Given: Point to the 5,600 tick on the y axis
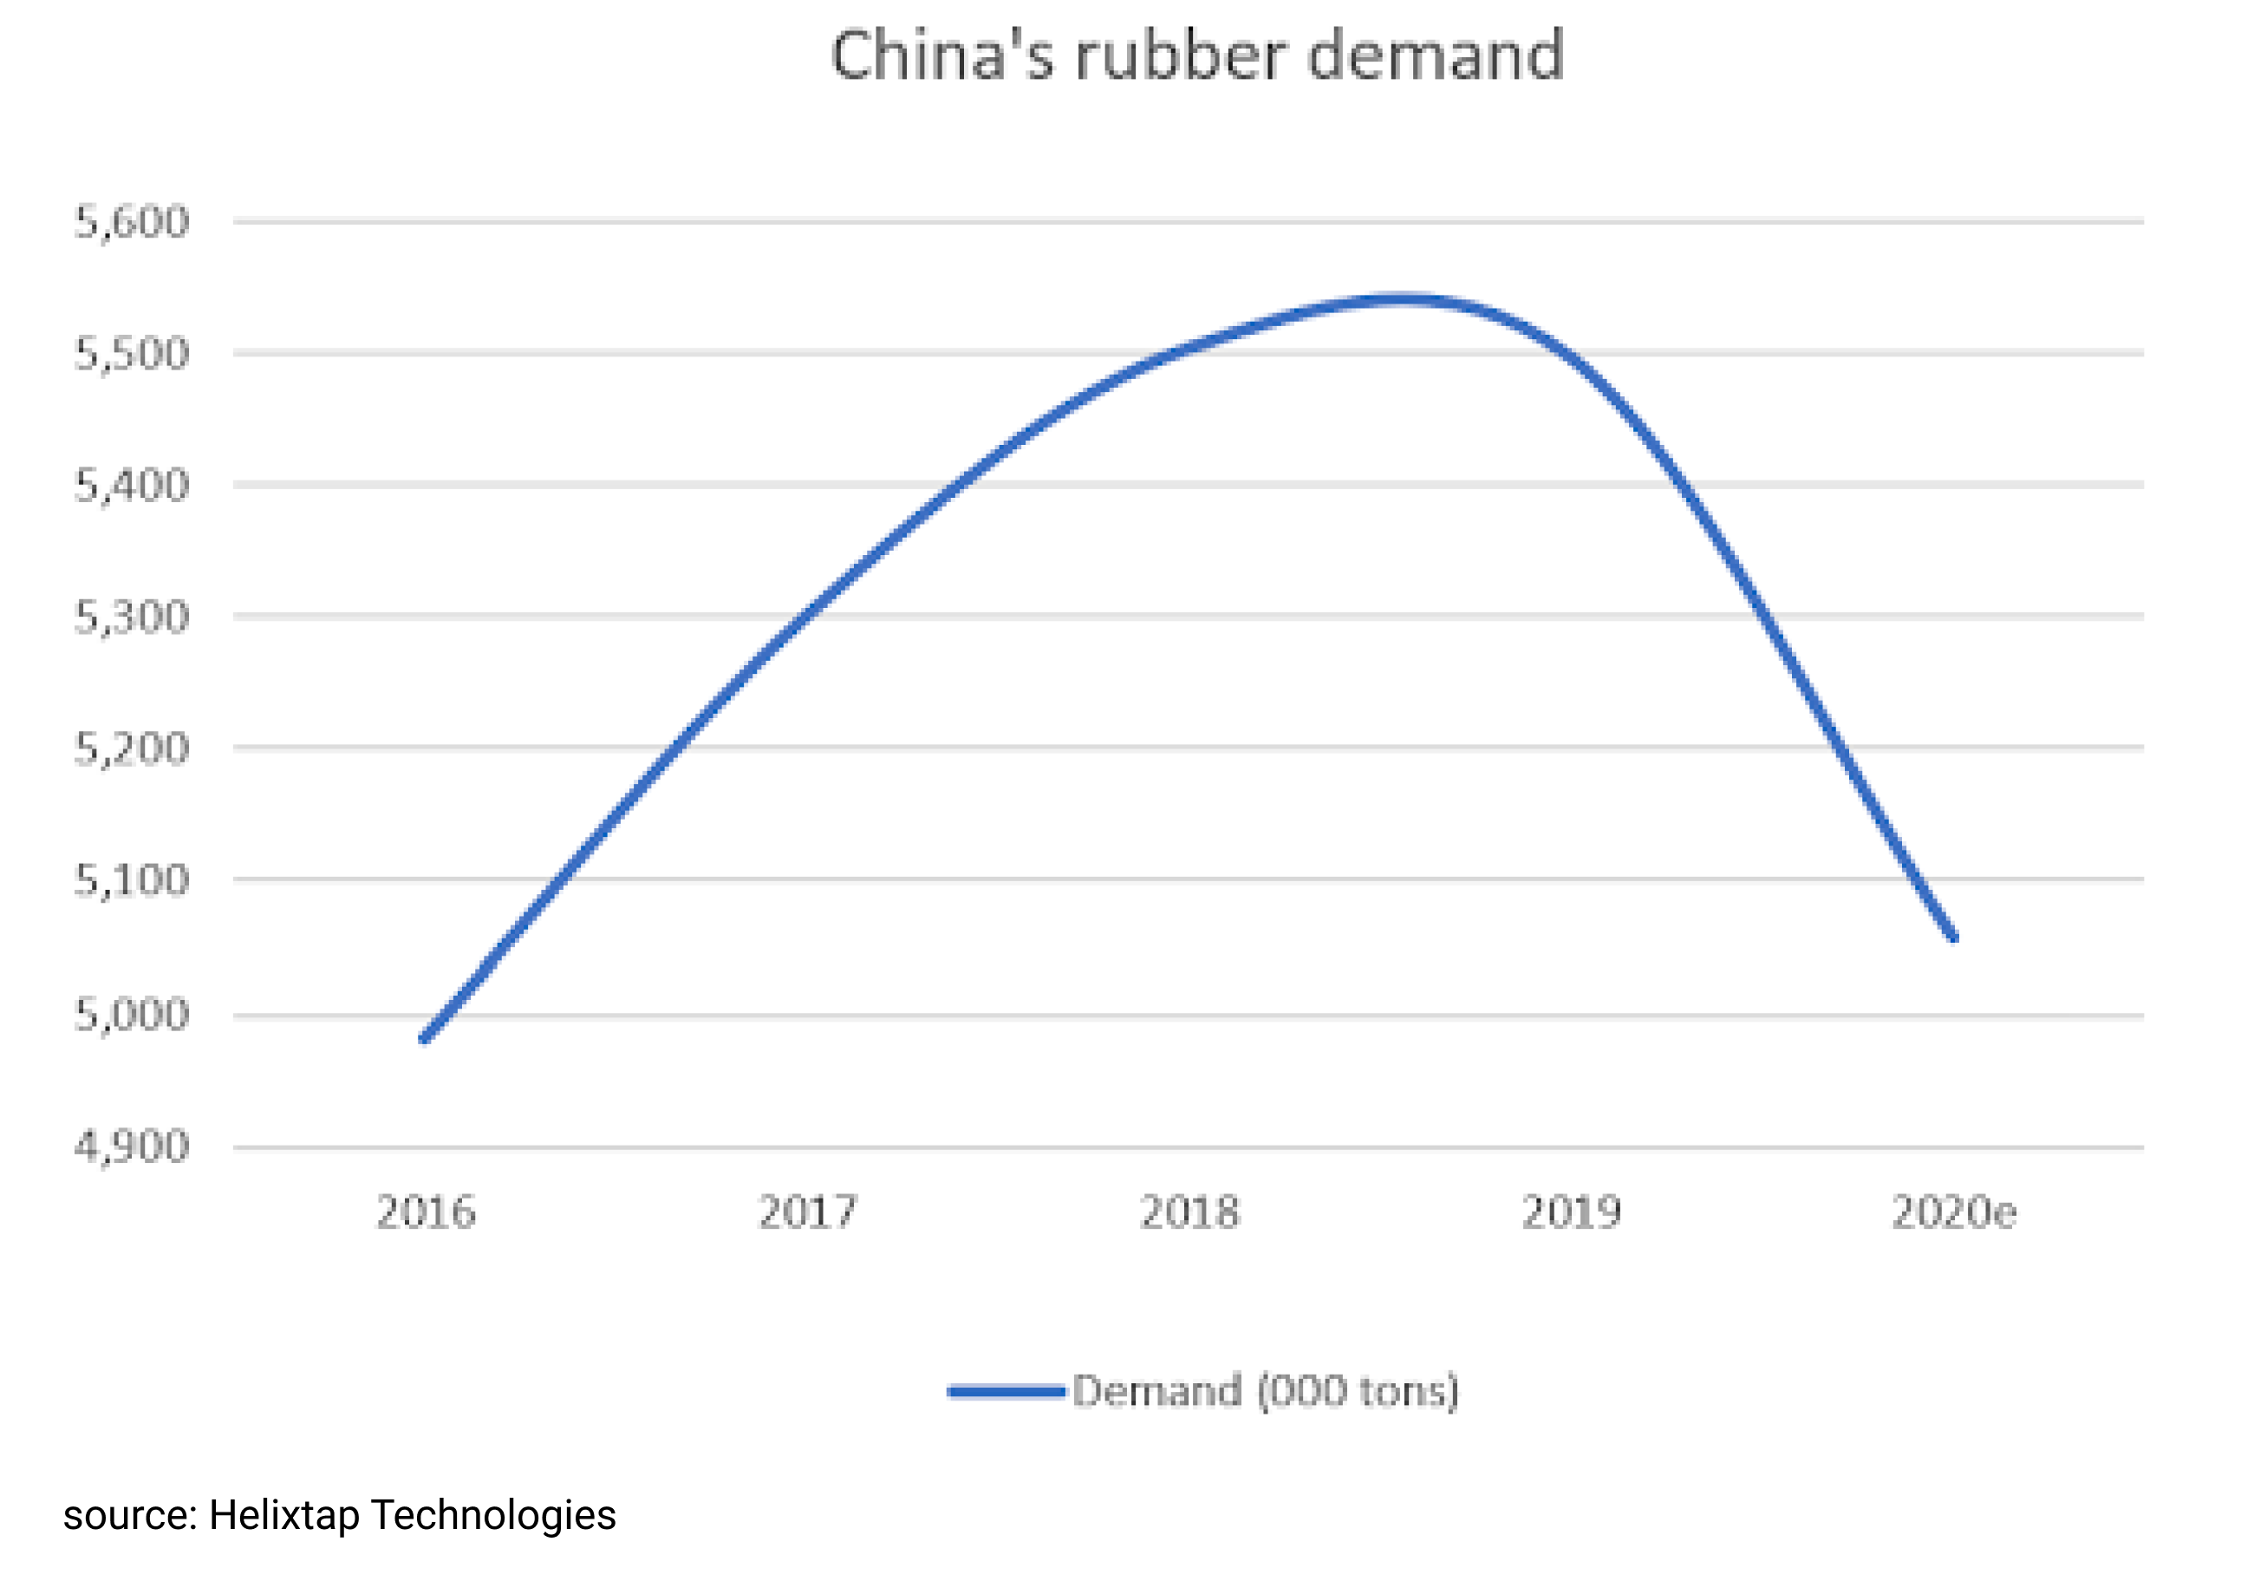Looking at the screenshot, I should tap(132, 222).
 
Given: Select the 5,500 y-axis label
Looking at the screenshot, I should tap(132, 354).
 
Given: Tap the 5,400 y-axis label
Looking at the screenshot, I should tap(132, 485).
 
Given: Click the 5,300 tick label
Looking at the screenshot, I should tap(132, 617).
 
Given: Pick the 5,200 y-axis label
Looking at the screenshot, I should tap(132, 748).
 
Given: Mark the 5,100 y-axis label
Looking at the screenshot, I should tap(132, 880).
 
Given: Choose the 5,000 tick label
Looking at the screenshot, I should tap(132, 1014).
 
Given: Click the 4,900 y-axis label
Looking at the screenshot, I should tap(132, 1146).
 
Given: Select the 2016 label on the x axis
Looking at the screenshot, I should tap(426, 1212).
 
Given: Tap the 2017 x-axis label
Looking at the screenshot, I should tap(808, 1212).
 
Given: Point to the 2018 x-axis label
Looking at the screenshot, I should tap(1189, 1212).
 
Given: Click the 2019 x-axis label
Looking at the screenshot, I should tap(1572, 1212).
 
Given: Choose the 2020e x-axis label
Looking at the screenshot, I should tap(1953, 1212).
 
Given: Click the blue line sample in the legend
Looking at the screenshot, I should tap(1006, 1391).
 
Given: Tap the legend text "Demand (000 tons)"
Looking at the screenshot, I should tap(1266, 1391).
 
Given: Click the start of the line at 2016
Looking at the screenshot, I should tap(424, 1038).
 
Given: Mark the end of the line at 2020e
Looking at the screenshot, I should tap(1953, 937).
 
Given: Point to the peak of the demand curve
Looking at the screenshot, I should tap(1404, 298).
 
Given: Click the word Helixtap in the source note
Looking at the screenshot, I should tap(283, 1515).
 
